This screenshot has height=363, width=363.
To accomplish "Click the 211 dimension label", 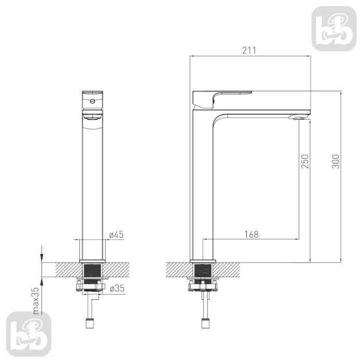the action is coord(249,50).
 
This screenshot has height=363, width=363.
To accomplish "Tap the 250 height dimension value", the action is coord(305,161).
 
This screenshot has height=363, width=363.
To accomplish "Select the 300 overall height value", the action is coord(336,161).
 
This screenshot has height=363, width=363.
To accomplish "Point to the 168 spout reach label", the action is coord(252,234).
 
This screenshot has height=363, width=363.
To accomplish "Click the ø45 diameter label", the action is coord(117,234).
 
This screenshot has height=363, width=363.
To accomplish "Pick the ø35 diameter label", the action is coord(117,288).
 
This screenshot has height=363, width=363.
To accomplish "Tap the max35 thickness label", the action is coord(36,301).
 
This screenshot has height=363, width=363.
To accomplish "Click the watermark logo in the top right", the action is coord(334,29).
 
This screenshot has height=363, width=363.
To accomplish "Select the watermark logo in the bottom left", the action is coord(29,334).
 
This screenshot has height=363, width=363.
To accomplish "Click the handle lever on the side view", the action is coord(222,99).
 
